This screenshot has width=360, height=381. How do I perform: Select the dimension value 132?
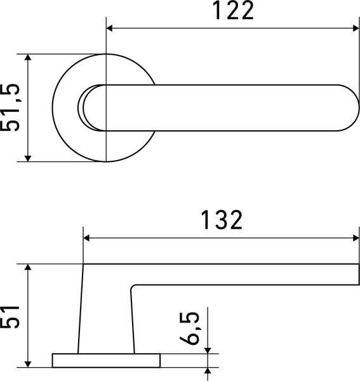click(x=222, y=220)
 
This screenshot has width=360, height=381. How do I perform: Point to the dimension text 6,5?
click(x=190, y=328)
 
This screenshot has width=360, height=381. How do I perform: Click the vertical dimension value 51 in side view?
click(x=13, y=316)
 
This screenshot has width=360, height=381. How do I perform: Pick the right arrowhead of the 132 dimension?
click(x=355, y=238)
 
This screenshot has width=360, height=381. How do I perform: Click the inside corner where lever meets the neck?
click(x=133, y=287)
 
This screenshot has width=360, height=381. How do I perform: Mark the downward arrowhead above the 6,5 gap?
click(x=208, y=349)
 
